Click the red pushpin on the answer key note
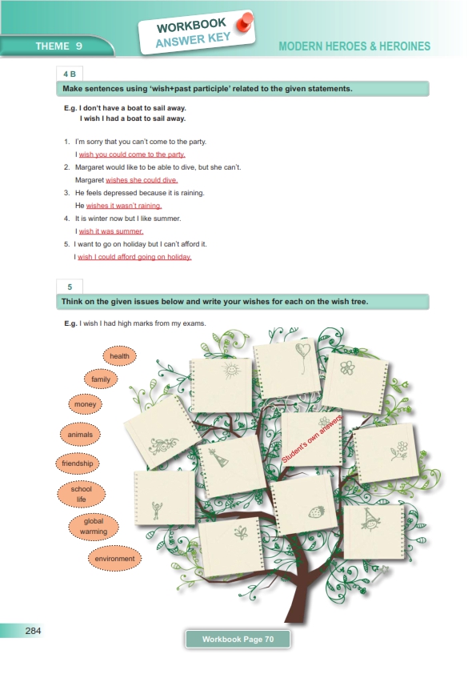(245, 22)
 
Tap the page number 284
(33, 631)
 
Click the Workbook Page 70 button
(238, 640)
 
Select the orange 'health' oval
(119, 356)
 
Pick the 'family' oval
(101, 379)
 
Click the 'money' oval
(85, 404)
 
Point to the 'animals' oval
(80, 434)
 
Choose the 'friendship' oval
(78, 463)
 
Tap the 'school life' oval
(81, 494)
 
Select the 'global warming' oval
(94, 526)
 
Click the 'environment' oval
(114, 559)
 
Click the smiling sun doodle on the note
(230, 370)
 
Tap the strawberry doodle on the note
(316, 512)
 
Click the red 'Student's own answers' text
(312, 439)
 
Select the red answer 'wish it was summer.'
(111, 231)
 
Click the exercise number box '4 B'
(70, 74)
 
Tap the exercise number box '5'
(70, 287)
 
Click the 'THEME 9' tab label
(59, 46)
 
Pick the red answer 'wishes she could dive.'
(142, 180)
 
